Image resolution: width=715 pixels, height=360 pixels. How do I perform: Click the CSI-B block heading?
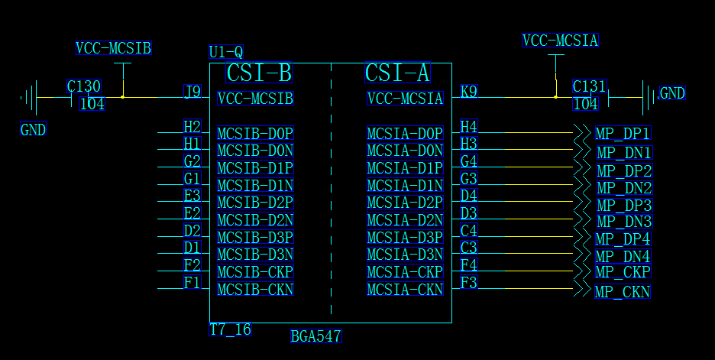(259, 73)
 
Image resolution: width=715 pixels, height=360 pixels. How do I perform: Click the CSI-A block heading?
(397, 73)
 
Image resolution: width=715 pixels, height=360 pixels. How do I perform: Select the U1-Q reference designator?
(226, 52)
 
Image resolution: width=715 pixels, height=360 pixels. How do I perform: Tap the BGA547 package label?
(315, 336)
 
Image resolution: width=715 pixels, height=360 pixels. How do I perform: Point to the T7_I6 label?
(230, 329)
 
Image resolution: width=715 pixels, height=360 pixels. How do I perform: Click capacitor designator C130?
(84, 86)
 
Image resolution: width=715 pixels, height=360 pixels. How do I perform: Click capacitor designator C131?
(589, 86)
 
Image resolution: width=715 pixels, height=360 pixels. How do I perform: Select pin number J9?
(192, 92)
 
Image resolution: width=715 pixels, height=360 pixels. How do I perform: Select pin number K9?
(468, 92)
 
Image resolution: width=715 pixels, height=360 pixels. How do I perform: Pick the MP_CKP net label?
(623, 272)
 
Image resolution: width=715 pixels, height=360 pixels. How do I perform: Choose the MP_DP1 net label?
(623, 134)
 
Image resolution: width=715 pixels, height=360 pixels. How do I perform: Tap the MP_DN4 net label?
(623, 256)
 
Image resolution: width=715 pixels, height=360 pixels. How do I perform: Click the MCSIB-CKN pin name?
(255, 290)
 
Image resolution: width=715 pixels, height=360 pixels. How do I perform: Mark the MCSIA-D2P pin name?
(405, 203)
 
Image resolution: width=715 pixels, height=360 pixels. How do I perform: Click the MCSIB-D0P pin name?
(255, 134)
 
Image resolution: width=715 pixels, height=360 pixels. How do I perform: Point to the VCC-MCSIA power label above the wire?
(560, 41)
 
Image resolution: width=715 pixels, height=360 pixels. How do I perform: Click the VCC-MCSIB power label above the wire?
(114, 48)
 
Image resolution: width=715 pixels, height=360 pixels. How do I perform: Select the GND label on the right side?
(672, 93)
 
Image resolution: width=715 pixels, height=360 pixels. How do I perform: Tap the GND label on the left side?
(33, 130)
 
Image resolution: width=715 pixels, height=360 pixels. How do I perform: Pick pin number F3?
(468, 283)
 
